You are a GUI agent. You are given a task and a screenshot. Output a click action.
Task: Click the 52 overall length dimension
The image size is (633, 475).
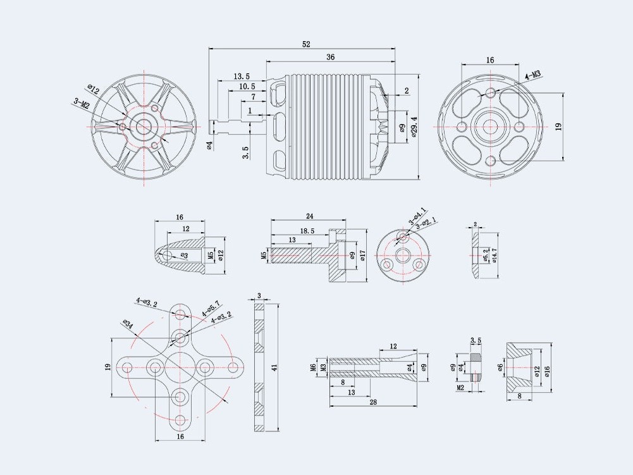(x=306, y=44)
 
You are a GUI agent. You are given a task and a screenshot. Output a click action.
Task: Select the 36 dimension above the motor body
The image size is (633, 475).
(x=330, y=57)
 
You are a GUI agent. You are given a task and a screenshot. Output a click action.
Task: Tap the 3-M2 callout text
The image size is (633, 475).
(x=82, y=102)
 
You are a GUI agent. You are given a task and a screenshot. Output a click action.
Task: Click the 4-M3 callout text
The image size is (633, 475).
(x=532, y=76)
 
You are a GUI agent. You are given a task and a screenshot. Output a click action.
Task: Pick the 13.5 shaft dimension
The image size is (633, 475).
(x=242, y=76)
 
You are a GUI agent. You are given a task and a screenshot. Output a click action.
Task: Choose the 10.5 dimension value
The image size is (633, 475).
(x=247, y=87)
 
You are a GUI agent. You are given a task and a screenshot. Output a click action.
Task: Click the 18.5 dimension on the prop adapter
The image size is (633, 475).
(x=307, y=231)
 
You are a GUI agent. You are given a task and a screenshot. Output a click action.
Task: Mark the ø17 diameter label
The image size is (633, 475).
(x=362, y=255)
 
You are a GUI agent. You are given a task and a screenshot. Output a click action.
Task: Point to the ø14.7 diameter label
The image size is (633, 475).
(x=495, y=254)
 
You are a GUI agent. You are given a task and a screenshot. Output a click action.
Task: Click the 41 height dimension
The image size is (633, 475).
(x=274, y=367)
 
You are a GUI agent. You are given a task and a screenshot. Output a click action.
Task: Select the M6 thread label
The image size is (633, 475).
(x=314, y=367)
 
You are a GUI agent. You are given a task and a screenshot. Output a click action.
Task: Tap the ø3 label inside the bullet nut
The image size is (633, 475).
(x=183, y=256)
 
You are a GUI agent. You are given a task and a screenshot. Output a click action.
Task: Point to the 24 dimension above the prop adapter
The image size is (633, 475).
(x=310, y=216)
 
